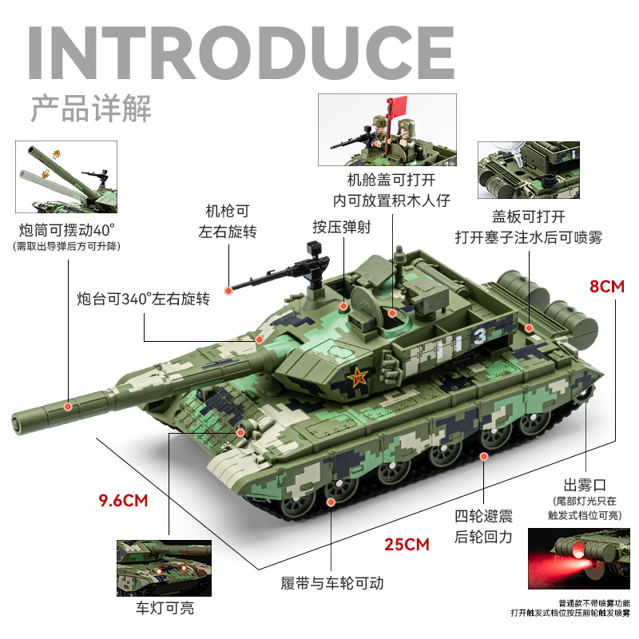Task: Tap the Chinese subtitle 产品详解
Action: [x=90, y=108]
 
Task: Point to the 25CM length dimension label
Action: [x=407, y=545]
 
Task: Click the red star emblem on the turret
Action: [x=357, y=375]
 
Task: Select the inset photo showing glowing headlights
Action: [x=164, y=567]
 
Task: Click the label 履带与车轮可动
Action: [x=332, y=583]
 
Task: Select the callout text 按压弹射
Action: [x=341, y=226]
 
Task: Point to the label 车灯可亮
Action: [x=164, y=609]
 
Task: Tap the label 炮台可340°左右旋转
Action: [x=143, y=300]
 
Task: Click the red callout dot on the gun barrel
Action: [x=69, y=407]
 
